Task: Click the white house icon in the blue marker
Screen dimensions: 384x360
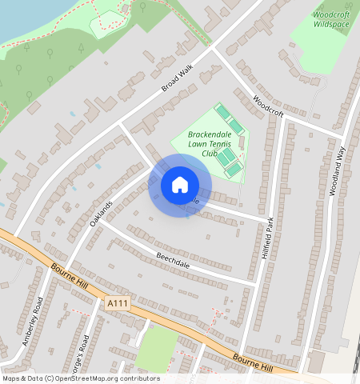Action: (x=180, y=185)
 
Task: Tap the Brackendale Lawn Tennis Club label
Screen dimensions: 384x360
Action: (x=209, y=143)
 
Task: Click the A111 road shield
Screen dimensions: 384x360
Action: (x=117, y=303)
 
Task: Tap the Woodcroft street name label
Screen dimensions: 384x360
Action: (x=268, y=107)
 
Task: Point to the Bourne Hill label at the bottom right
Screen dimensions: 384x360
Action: (x=253, y=362)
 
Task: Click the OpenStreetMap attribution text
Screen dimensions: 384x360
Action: (x=81, y=378)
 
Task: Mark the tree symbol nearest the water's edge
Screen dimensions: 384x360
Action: (x=50, y=54)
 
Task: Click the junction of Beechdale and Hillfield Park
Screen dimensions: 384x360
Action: (x=256, y=283)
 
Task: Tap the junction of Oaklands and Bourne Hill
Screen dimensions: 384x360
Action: (x=62, y=269)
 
